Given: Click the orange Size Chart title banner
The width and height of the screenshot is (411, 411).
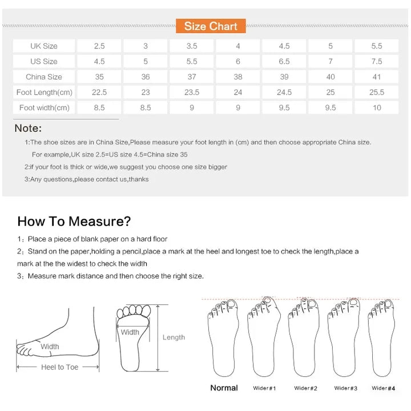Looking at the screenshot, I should [x=211, y=26].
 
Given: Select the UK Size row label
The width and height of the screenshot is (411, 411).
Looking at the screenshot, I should [x=44, y=46].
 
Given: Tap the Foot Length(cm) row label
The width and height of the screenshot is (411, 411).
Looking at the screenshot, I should [x=44, y=92].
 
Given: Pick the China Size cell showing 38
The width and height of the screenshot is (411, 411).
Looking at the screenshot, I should [x=238, y=76].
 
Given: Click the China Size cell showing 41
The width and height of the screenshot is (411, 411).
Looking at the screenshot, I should [x=376, y=76].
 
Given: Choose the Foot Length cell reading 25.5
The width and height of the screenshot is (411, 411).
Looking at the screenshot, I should [x=376, y=92].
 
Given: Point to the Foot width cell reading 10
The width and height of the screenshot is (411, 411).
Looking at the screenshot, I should [x=376, y=107].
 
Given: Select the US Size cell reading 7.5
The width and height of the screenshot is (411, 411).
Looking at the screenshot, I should [x=376, y=61].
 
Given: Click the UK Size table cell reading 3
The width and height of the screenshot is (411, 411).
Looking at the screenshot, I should [x=146, y=46].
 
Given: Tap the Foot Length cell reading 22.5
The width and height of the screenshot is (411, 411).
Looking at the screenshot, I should [x=99, y=92].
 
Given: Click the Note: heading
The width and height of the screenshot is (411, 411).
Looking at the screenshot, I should [x=28, y=128].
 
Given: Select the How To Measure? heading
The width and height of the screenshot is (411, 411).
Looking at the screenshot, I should [x=74, y=221].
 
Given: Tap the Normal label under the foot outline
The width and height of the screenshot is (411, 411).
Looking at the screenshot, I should [x=224, y=388].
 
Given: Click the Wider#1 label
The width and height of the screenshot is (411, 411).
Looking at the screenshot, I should [x=264, y=388].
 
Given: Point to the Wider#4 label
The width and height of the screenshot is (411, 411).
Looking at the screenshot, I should [x=383, y=388].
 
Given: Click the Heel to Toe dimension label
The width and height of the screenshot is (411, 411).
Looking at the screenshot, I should [x=59, y=367].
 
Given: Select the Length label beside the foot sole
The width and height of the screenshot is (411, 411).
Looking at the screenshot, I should [x=174, y=337].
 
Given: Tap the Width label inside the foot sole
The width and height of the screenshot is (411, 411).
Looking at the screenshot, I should [x=130, y=332].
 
